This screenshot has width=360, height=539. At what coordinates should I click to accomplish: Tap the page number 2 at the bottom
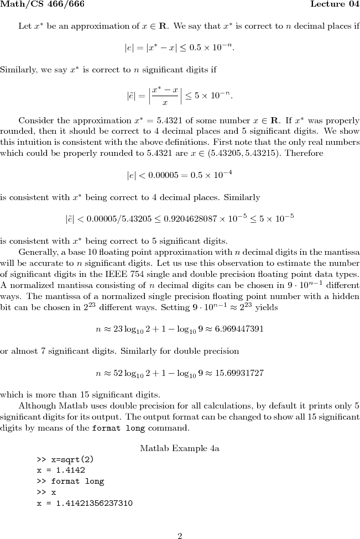(x=180, y=535)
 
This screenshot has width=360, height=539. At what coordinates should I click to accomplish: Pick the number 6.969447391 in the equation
(x=239, y=328)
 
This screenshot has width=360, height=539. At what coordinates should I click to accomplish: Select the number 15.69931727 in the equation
(x=239, y=373)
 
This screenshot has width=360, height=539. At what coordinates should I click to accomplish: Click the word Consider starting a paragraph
(x=35, y=121)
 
